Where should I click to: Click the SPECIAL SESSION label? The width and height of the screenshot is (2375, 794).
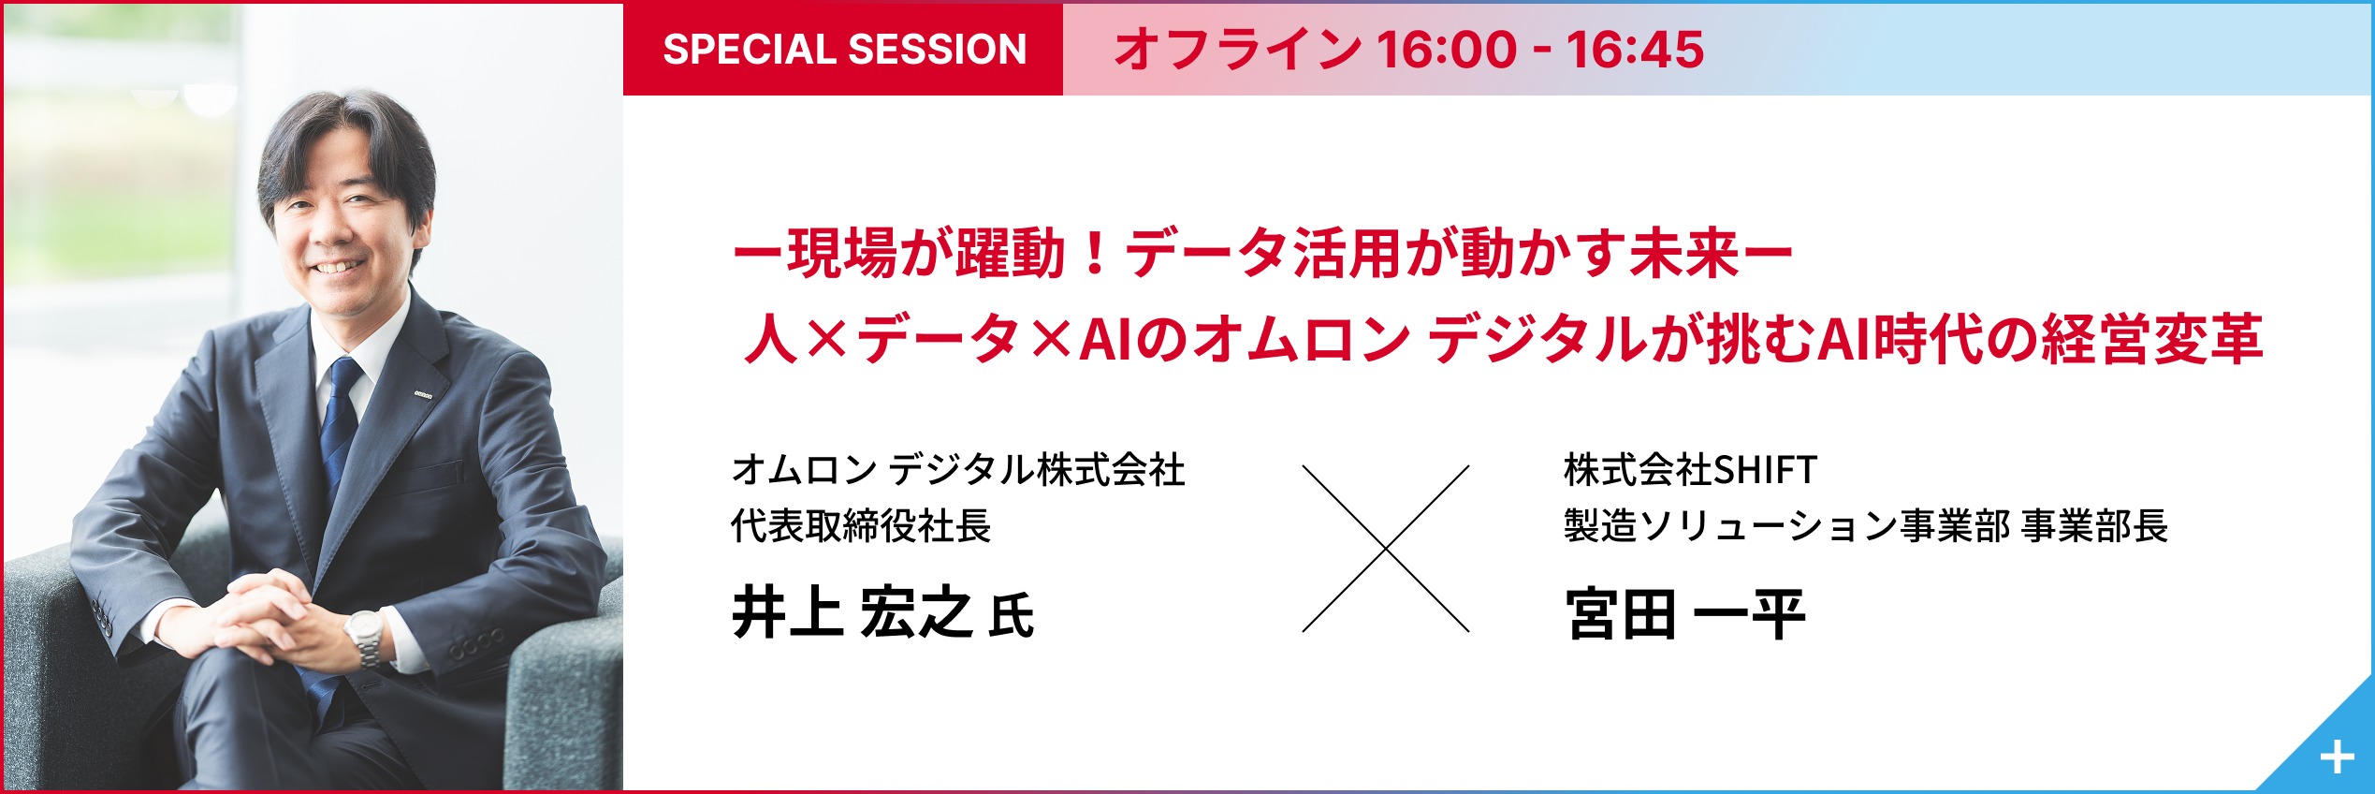click(x=844, y=49)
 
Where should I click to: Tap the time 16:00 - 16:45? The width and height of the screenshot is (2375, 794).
click(x=1540, y=49)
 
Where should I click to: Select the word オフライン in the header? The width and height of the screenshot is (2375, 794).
click(x=1237, y=49)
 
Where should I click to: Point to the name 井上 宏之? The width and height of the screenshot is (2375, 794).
click(x=852, y=613)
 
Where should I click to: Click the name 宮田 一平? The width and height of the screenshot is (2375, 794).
click(x=1684, y=613)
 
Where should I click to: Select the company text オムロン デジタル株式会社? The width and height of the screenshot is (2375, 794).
click(x=958, y=469)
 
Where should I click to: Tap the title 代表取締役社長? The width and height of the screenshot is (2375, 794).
click(x=861, y=525)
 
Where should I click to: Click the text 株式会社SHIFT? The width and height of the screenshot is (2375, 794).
click(x=1690, y=469)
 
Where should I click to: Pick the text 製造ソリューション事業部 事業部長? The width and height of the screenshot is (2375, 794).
click(x=1866, y=525)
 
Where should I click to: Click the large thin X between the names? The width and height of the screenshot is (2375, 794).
click(x=1386, y=549)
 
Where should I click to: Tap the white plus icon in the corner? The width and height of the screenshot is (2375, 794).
click(x=2337, y=757)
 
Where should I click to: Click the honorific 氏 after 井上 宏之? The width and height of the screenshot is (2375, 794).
click(x=1012, y=617)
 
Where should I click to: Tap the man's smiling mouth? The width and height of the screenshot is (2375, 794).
click(x=337, y=268)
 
